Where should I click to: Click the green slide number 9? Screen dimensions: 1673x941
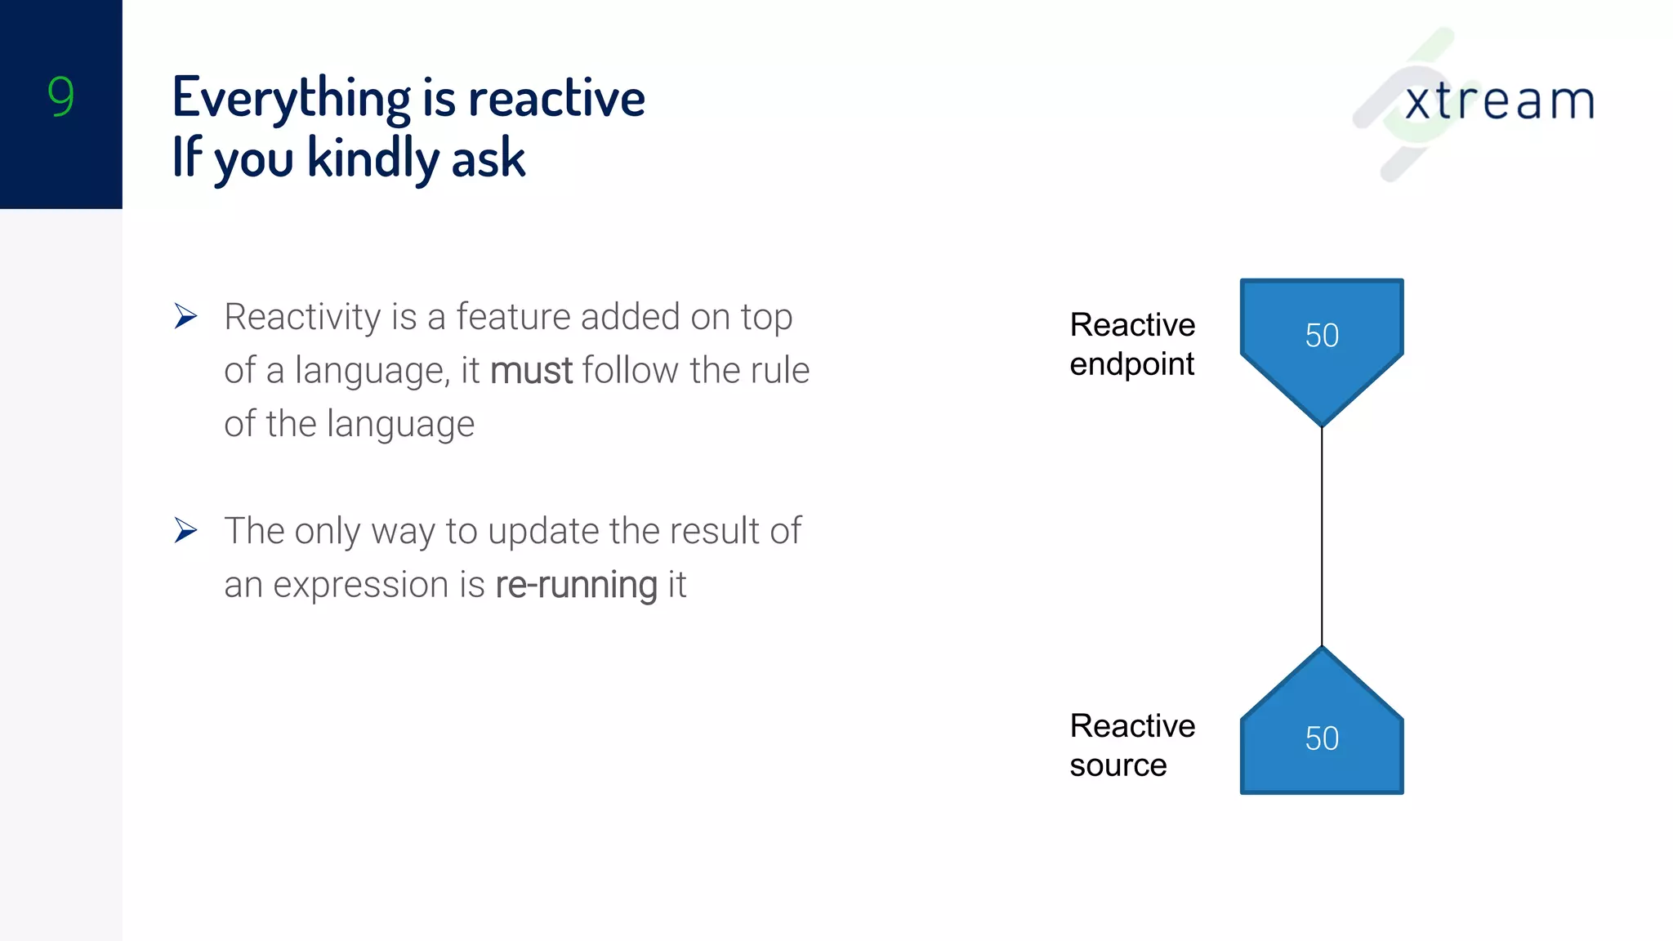point(60,96)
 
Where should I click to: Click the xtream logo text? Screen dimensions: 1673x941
point(1499,102)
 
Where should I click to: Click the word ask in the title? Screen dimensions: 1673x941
point(488,159)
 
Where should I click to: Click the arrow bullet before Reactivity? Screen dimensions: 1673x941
point(186,316)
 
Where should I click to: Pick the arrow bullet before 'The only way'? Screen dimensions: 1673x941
point(186,531)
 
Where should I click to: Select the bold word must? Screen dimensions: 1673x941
point(531,371)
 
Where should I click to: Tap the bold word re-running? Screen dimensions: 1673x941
point(576,585)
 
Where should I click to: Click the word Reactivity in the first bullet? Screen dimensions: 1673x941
point(301,318)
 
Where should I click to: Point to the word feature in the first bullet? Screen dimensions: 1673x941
point(512,317)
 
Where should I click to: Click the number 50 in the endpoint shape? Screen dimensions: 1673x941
point(1322,336)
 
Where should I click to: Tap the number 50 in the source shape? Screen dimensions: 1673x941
point(1322,739)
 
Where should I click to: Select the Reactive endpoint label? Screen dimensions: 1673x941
point(1132,344)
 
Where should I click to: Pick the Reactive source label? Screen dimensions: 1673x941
point(1132,745)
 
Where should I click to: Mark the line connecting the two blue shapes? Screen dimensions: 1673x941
point(1322,535)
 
